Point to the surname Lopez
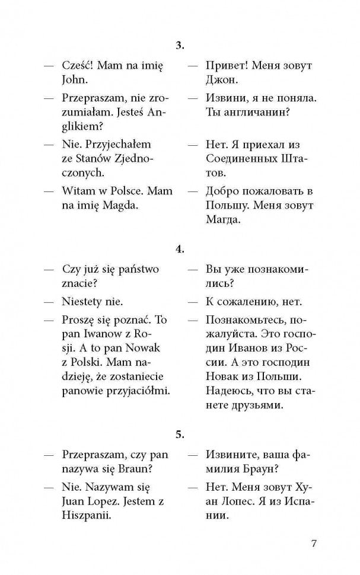point(107,501)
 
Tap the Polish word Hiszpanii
point(87,516)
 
